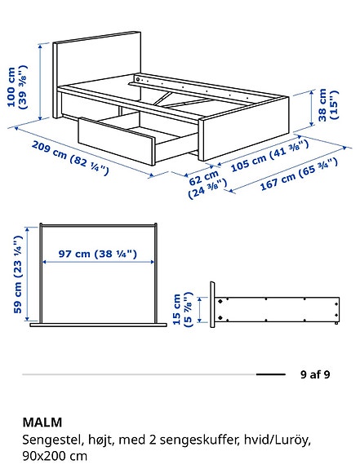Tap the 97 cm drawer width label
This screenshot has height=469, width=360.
coord(97,254)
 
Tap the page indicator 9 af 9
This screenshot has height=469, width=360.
coord(315,375)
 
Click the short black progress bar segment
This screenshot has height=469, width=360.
coord(270,375)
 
